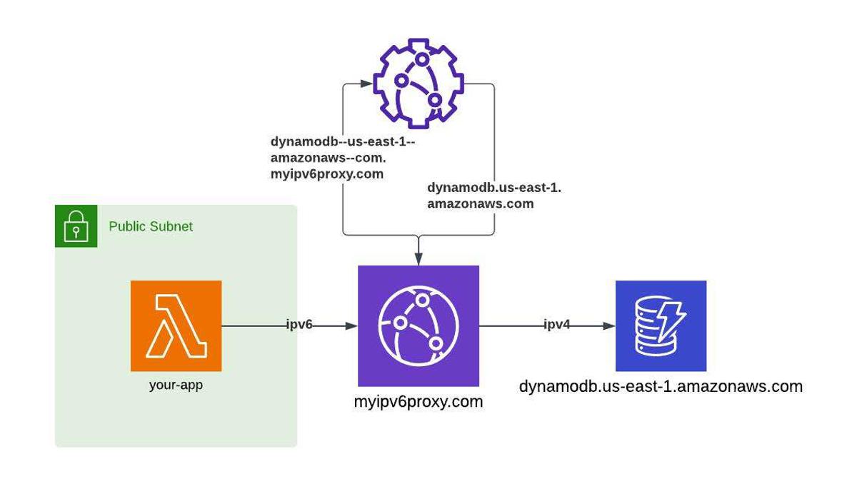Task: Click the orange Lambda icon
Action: click(176, 326)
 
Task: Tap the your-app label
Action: click(176, 385)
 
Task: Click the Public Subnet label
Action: click(151, 226)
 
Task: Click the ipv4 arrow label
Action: click(557, 326)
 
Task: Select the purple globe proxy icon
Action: click(418, 326)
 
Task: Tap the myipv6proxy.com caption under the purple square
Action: click(418, 402)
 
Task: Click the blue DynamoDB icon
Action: click(661, 326)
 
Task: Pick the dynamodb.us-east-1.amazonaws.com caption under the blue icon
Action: click(661, 387)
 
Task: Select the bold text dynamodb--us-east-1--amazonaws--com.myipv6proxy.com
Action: click(342, 158)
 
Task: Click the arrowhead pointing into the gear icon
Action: click(366, 84)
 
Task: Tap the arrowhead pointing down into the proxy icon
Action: click(418, 259)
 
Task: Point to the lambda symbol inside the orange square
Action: click(176, 326)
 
